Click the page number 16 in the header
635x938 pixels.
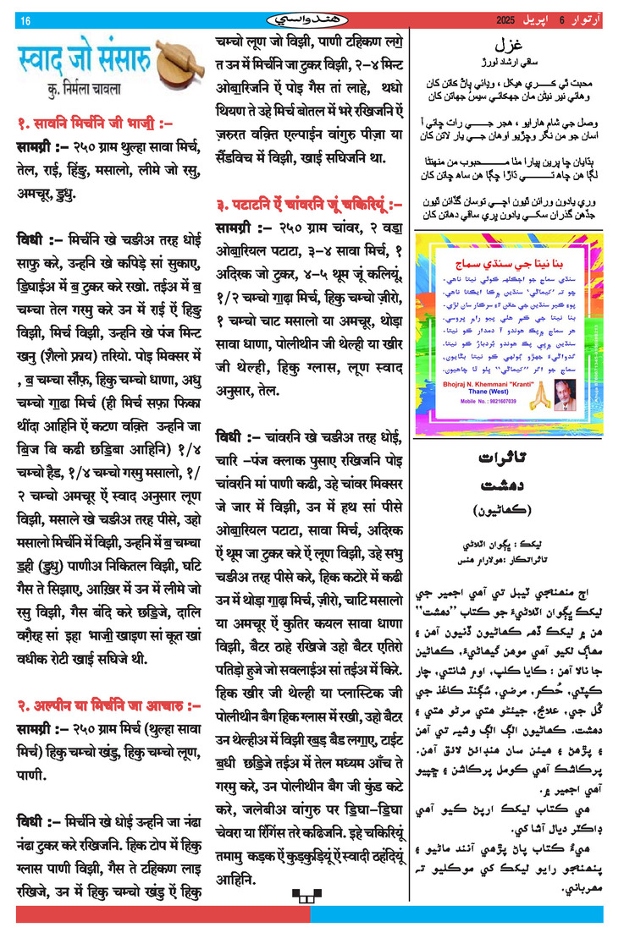click(x=25, y=20)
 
